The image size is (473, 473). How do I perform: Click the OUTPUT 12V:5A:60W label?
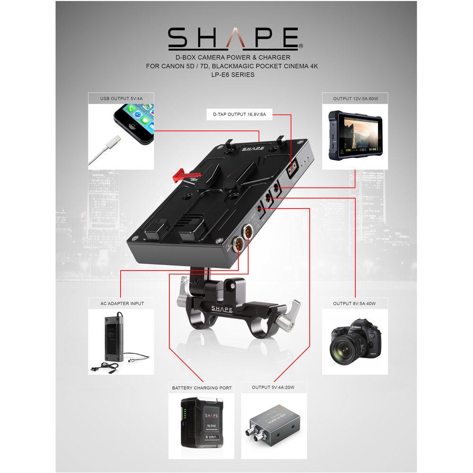click(355, 98)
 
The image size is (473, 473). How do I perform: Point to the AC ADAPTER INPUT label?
click(121, 303)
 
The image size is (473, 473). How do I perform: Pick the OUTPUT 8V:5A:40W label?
click(355, 303)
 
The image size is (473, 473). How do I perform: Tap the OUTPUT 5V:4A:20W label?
click(273, 388)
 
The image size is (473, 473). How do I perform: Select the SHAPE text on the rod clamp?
click(221, 309)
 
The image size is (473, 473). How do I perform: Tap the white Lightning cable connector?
click(113, 141)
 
